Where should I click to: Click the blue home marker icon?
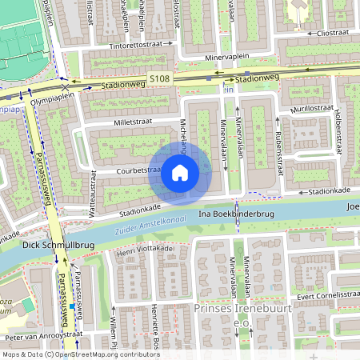(180, 173)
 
